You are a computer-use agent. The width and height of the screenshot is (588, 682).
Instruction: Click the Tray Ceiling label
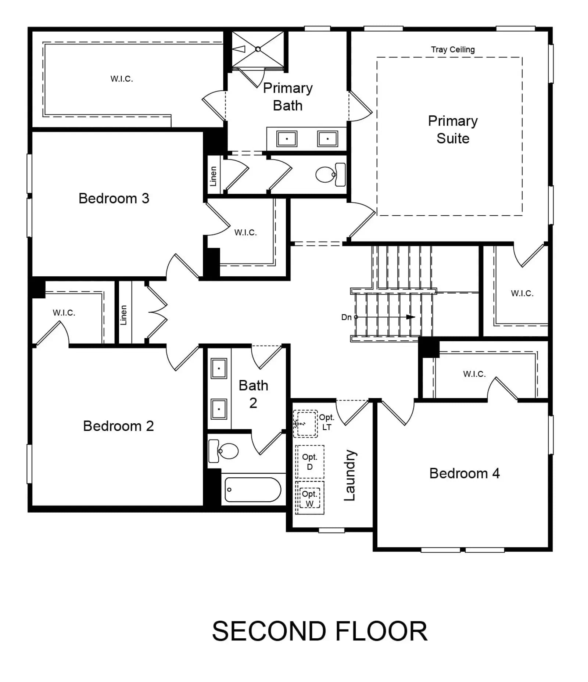click(452, 50)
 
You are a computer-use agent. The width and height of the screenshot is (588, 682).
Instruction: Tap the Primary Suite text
click(453, 129)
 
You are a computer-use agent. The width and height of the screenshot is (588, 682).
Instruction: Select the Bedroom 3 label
click(114, 198)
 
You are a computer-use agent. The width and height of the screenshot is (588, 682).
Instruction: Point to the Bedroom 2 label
click(118, 426)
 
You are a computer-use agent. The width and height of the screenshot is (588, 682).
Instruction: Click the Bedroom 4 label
click(465, 473)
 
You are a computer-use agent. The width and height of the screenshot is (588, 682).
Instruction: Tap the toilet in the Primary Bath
click(330, 175)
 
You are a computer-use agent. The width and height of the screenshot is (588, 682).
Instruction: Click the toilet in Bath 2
click(223, 451)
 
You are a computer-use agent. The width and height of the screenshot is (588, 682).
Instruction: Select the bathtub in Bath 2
click(253, 489)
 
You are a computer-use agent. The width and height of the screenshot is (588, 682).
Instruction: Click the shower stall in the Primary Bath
click(258, 50)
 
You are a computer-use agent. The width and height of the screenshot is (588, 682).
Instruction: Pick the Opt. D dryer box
click(310, 462)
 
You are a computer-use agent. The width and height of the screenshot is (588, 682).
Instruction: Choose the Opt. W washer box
click(310, 498)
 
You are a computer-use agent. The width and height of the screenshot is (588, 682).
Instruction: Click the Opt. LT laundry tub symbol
click(305, 423)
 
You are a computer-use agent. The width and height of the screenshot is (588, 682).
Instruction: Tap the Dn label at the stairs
click(346, 317)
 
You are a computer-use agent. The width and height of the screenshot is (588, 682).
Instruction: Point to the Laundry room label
click(350, 475)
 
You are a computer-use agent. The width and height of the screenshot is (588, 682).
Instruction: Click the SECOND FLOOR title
click(320, 631)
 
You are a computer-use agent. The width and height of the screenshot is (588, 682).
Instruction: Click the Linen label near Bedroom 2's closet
click(123, 315)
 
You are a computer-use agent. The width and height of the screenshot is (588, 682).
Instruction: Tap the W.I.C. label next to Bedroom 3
click(245, 232)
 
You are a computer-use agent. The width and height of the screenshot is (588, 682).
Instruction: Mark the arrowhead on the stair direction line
click(410, 317)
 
